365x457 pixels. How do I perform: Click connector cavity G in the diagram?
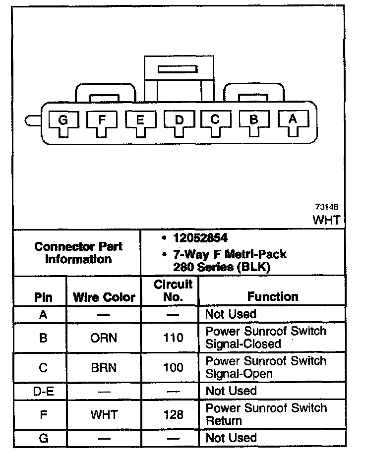pyautogui.click(x=62, y=120)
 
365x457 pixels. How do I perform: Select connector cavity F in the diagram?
pyautogui.click(x=101, y=120)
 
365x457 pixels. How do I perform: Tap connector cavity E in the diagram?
pyautogui.click(x=140, y=120)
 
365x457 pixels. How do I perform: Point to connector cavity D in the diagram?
pyautogui.click(x=179, y=120)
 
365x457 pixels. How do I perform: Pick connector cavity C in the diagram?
pyautogui.click(x=215, y=120)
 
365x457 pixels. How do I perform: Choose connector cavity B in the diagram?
pyautogui.click(x=254, y=120)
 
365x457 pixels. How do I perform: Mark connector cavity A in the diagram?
pyautogui.click(x=293, y=120)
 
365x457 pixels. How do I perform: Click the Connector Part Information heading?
pyautogui.click(x=78, y=253)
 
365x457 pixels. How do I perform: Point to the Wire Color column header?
pyautogui.click(x=104, y=297)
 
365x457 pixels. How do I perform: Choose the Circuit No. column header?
pyautogui.click(x=173, y=291)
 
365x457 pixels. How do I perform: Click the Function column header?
pyautogui.click(x=273, y=297)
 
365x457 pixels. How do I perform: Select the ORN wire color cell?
pyautogui.click(x=104, y=338)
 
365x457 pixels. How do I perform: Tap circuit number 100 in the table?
pyautogui.click(x=173, y=368)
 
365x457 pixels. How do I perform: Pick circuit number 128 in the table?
pyautogui.click(x=173, y=414)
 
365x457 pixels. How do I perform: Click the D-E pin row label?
pyautogui.click(x=43, y=391)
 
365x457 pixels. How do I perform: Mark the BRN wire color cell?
pyautogui.click(x=104, y=368)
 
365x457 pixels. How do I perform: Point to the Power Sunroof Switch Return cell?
pyautogui.click(x=266, y=414)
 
